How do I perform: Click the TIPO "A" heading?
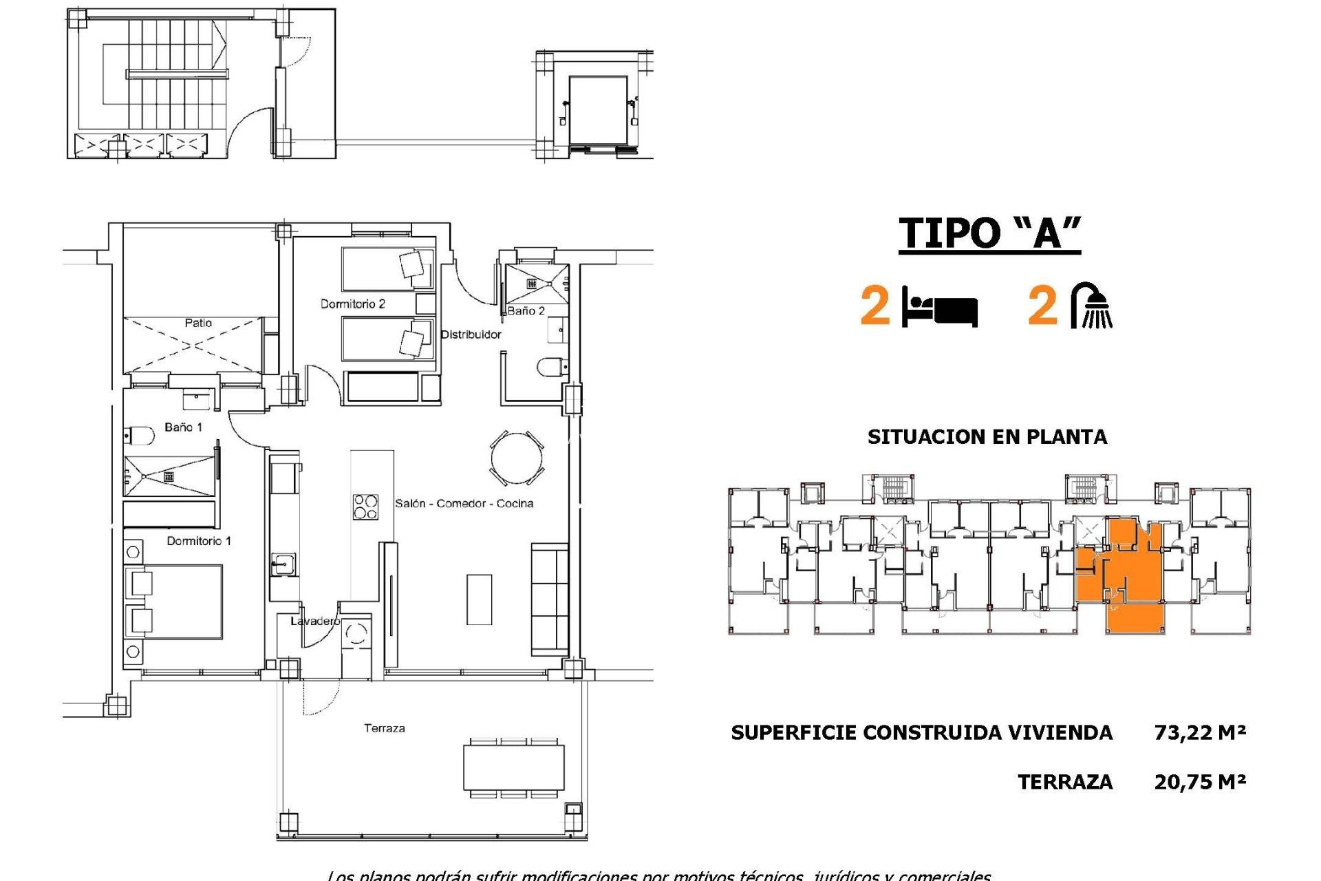(989, 233)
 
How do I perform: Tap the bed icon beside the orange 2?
(941, 308)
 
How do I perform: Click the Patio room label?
(198, 323)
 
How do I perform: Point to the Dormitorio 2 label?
(352, 304)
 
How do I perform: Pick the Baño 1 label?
(183, 427)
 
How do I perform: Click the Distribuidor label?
(471, 335)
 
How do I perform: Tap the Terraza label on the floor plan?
(384, 728)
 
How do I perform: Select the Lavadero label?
(314, 621)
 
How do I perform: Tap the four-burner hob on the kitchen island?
(365, 507)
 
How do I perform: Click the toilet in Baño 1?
(140, 436)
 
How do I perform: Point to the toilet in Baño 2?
(551, 367)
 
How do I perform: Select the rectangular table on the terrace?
(514, 767)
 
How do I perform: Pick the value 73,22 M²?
(1200, 732)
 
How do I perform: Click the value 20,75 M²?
(1200, 782)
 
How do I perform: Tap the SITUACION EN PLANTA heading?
(987, 437)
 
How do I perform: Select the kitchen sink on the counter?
(282, 565)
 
